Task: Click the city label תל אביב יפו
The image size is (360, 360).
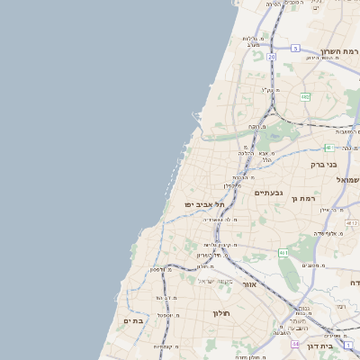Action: [205, 204]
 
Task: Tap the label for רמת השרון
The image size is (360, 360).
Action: [339, 51]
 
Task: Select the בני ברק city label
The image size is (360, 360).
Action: [323, 165]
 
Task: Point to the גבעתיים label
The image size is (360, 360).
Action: [269, 193]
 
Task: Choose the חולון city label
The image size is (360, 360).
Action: [221, 312]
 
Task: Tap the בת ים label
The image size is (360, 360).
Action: [133, 320]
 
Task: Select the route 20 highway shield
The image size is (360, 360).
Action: [271, 56]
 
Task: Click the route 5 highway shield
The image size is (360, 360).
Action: [295, 48]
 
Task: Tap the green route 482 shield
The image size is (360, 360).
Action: [305, 96]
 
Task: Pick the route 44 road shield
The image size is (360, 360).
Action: [294, 344]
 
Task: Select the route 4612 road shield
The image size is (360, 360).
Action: [352, 223]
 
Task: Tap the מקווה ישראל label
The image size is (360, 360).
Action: [216, 281]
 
